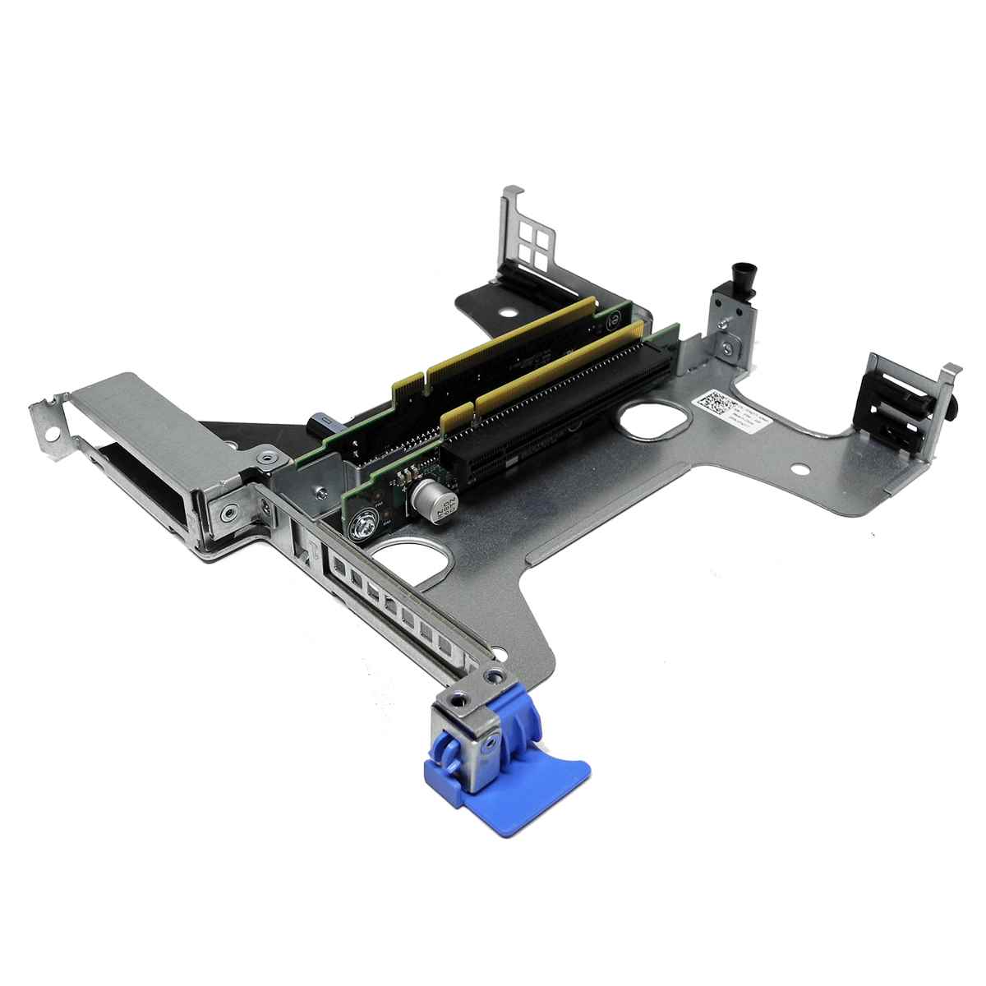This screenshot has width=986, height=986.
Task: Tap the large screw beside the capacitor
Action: [x=365, y=526]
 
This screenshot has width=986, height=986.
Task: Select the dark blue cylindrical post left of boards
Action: [x=319, y=425]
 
